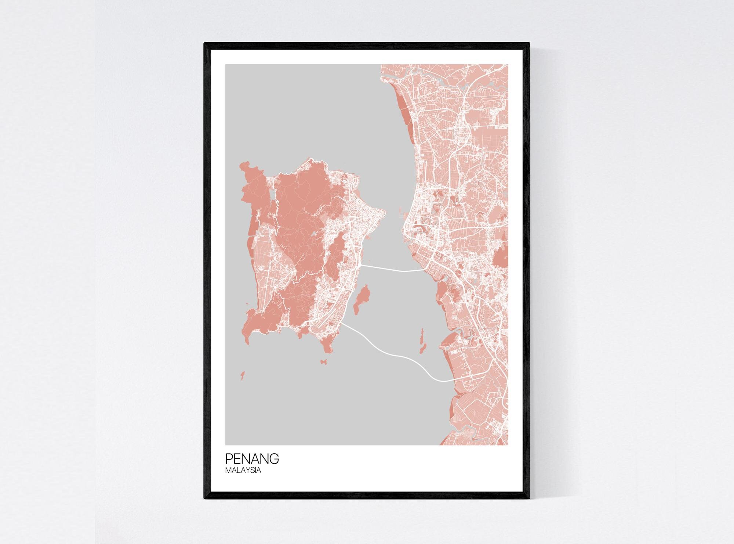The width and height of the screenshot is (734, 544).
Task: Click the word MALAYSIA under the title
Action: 243,470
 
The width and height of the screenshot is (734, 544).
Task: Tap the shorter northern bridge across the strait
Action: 393,270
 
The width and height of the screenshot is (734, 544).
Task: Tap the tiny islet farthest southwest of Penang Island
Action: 242,375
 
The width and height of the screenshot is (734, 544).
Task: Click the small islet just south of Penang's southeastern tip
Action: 324,362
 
